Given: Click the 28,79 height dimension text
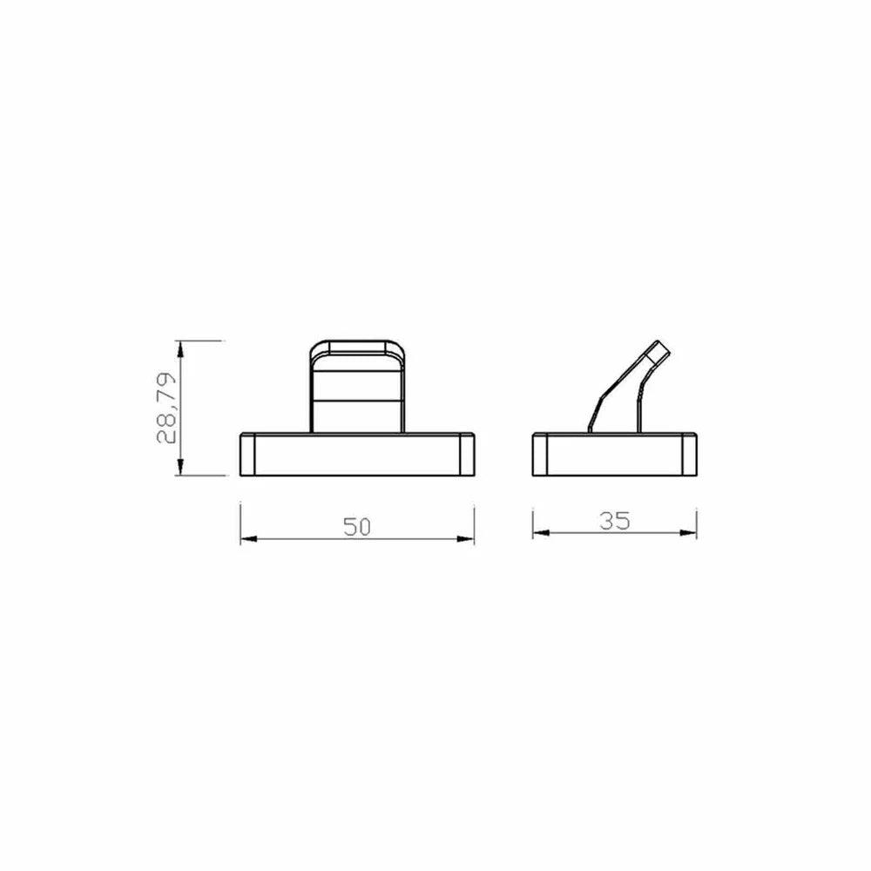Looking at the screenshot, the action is coord(166,408).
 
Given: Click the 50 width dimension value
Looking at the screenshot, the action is coord(356,527).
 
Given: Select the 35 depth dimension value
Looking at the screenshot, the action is coord(615,521).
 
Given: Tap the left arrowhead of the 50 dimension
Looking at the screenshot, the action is coord(249,539).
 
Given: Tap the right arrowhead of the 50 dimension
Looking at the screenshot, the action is coord(465,539).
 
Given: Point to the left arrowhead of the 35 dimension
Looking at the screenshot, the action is coord(541,533).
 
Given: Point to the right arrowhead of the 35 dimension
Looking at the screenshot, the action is coord(688,533).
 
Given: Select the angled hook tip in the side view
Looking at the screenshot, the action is coord(658,351).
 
